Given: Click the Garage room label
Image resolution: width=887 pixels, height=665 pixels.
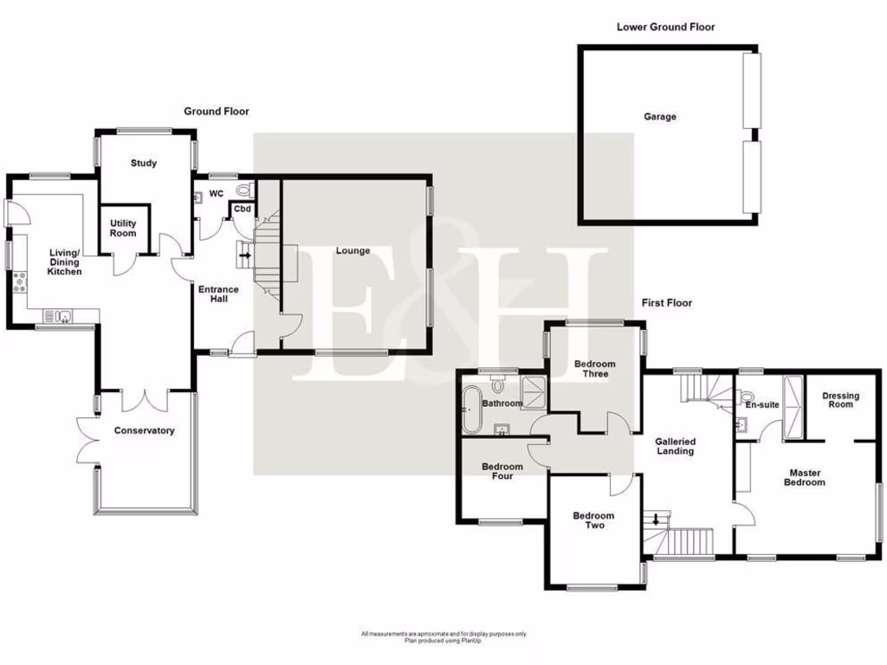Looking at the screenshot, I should click(659, 117).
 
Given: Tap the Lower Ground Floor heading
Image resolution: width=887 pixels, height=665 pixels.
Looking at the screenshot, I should click(665, 27).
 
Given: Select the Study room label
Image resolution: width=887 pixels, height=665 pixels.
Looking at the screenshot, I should click(144, 163).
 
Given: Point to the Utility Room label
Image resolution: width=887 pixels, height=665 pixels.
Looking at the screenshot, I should click(123, 229).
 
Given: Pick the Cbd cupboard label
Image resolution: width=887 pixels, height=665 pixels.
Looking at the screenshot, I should click(243, 210).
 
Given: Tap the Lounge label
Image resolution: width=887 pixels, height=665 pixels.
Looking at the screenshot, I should click(353, 251).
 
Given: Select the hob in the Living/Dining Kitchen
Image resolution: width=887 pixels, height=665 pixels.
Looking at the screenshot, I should click(17, 282).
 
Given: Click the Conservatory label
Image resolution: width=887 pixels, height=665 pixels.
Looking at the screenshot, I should click(144, 430).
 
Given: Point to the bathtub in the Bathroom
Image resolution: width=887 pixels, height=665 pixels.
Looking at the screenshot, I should click(472, 410).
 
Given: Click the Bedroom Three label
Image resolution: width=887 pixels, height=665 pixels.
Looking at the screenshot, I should click(594, 369).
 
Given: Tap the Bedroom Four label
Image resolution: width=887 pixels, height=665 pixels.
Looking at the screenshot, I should click(502, 471).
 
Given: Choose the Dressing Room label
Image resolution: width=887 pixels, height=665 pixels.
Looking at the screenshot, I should click(840, 400).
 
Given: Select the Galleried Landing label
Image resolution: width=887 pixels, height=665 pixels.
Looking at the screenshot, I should click(675, 446).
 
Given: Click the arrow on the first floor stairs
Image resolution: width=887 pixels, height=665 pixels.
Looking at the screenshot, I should click(657, 520).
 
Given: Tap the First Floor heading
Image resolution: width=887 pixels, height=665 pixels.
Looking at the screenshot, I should click(666, 303).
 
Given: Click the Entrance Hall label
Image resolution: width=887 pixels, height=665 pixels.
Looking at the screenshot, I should click(218, 295).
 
